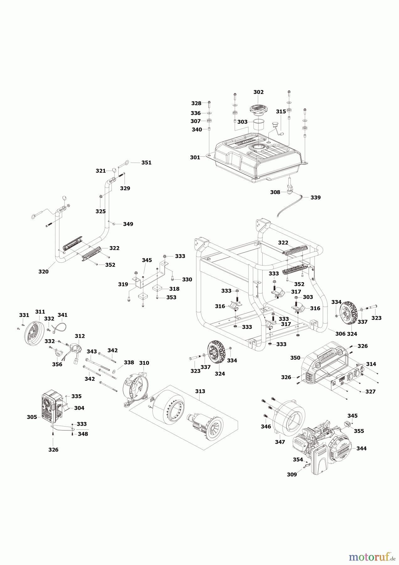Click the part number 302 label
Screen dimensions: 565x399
(x=258, y=92)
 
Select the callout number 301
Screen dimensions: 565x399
(x=195, y=157)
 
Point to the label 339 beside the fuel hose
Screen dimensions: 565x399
(x=316, y=197)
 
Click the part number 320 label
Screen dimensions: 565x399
(x=44, y=272)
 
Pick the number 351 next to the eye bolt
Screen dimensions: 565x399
(x=146, y=163)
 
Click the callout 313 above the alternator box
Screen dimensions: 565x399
(x=200, y=391)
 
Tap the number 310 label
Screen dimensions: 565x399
(x=144, y=363)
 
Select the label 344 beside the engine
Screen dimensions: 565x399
(x=361, y=449)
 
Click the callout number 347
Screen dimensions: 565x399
(x=280, y=442)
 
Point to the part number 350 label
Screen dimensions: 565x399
(x=295, y=358)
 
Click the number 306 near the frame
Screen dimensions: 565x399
(x=340, y=334)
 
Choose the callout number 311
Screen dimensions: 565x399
(x=40, y=312)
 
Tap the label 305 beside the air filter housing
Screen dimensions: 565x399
(x=32, y=417)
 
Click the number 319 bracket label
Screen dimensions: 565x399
(x=123, y=284)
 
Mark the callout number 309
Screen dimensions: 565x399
(x=292, y=474)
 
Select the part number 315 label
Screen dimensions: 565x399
(x=281, y=111)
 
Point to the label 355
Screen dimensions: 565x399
(x=359, y=431)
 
